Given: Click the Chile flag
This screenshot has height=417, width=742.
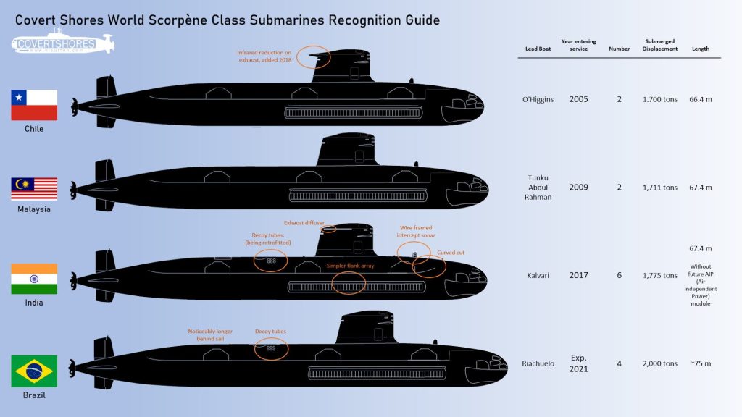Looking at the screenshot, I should click(34, 105).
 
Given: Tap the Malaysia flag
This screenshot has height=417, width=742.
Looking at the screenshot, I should click(34, 188).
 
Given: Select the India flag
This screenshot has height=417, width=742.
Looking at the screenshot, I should click(34, 279).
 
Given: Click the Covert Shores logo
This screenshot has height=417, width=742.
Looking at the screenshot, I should click(64, 43).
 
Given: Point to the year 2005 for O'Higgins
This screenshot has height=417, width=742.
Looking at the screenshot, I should click(578, 99).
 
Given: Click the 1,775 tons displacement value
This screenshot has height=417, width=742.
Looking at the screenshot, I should click(659, 276).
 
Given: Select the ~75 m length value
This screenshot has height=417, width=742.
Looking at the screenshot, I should click(700, 363).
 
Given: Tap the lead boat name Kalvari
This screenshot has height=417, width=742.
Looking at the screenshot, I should click(538, 276).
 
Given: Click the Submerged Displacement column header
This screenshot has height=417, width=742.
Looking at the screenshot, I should click(659, 45).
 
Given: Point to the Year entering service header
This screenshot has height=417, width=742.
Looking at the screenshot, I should click(578, 45).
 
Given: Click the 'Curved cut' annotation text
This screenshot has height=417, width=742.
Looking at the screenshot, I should click(452, 253).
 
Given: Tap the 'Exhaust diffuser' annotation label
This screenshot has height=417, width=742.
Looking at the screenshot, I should click(304, 222).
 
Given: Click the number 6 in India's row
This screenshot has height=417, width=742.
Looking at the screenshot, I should click(619, 276).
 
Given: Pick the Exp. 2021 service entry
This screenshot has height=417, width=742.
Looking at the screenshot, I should click(578, 363).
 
